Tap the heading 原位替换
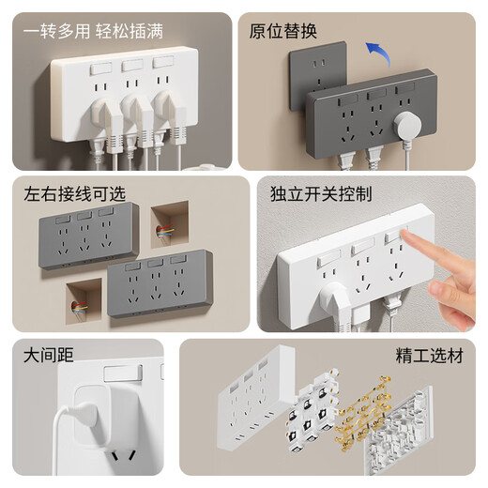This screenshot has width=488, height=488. click(x=283, y=31)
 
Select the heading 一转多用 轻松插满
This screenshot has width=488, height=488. click(x=93, y=31)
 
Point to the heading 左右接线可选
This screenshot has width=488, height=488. click(x=75, y=194)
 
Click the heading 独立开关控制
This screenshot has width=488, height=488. click(x=321, y=194)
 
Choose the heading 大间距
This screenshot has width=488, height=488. click(x=49, y=356)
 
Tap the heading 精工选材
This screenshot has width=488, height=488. click(x=430, y=356)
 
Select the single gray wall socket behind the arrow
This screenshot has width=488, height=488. click(x=316, y=75)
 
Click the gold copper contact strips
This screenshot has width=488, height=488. click(x=363, y=413)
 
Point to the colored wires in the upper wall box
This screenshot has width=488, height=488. click(x=165, y=231)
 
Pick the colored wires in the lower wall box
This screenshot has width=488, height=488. click(x=80, y=307)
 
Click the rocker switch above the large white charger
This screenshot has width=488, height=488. click(x=123, y=373)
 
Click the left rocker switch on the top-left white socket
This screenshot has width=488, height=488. click(x=100, y=69)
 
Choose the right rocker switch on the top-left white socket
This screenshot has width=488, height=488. click(x=163, y=61)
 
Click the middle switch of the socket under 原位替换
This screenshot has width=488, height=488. click(x=376, y=94)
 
